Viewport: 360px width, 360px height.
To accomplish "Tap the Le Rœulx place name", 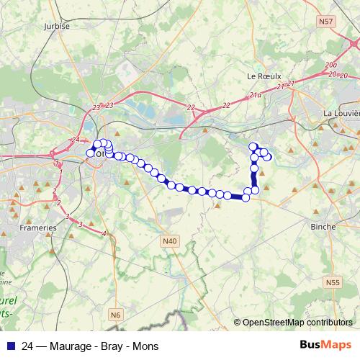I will (261, 75).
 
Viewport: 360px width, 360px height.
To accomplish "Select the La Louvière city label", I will (341, 113).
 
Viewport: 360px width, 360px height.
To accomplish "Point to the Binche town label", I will (323, 226).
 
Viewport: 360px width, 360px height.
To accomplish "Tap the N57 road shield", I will (325, 23).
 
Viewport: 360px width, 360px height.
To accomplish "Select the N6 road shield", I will (116, 315).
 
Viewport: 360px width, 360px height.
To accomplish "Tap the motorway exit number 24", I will (76, 139).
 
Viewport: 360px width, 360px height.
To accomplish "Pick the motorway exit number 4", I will (104, 233).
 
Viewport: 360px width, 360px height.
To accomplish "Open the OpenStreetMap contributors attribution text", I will (297, 323).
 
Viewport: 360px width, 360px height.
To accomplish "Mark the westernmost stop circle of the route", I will (91, 153).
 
